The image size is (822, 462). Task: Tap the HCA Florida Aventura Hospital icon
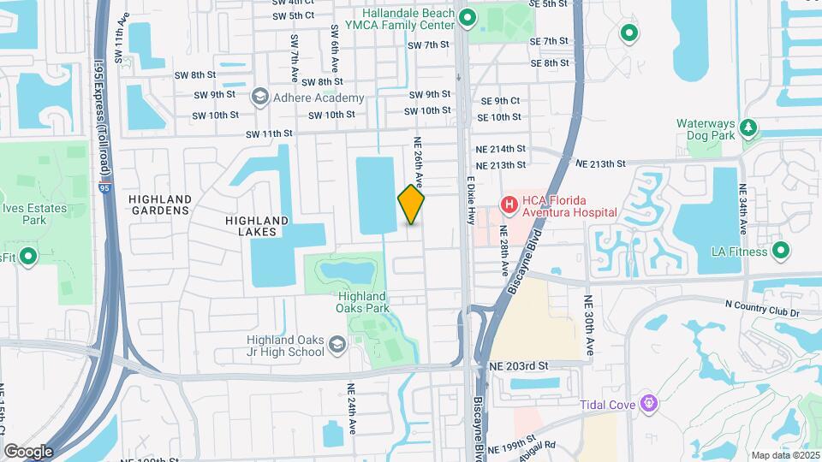coord(509,204)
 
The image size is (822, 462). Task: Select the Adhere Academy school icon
coord(259,98)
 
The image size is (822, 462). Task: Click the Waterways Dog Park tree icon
coord(749,127)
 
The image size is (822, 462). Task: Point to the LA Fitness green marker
coord(780,251)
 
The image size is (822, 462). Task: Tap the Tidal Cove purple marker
coord(650,401)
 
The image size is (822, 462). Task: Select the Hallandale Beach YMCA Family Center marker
coord(467,17)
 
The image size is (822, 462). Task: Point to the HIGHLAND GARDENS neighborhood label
coord(159,204)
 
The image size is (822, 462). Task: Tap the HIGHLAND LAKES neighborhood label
coord(256,226)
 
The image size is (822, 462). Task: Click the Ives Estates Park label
coord(22,214)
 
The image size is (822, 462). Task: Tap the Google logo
coord(28,451)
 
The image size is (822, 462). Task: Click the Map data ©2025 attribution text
coord(784,455)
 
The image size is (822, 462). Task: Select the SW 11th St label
coord(269,133)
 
